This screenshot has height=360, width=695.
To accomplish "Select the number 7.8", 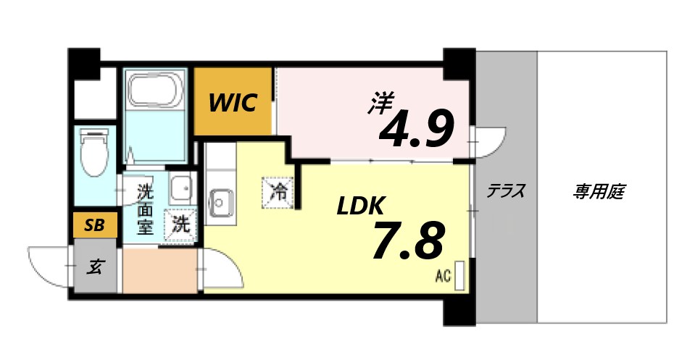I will pos(407,242).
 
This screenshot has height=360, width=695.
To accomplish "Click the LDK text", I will pos(359,207).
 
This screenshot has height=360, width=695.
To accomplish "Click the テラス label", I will pos(505,192).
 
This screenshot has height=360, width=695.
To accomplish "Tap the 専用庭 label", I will pos(599,192).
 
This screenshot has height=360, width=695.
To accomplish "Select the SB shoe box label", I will pos(94,225).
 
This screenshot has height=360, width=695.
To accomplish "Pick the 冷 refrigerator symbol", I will pos(278,193).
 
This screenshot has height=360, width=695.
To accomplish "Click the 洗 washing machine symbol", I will pos(180,224).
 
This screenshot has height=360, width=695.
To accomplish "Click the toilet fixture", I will pos(94,152).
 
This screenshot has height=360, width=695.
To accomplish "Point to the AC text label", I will pos(443,275).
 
